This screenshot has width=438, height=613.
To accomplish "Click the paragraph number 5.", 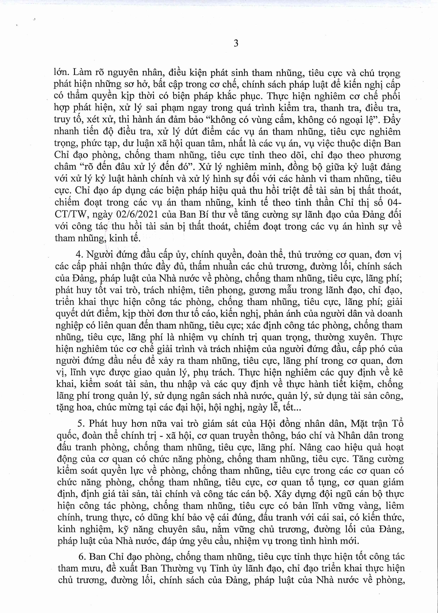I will (81, 423).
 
